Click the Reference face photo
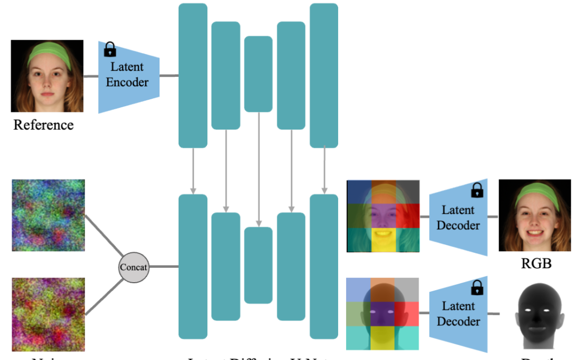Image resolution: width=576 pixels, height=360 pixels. click(x=47, y=76)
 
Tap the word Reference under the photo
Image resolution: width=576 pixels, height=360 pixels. click(x=43, y=125)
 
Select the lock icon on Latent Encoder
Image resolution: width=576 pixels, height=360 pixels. click(x=110, y=50)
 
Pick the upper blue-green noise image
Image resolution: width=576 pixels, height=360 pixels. click(x=49, y=215)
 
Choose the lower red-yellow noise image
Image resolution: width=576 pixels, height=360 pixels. click(x=49, y=314)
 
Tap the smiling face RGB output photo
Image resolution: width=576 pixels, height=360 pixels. click(x=534, y=215)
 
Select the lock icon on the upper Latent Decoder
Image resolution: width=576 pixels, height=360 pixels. click(x=477, y=190)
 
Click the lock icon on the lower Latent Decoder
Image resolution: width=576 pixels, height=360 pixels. click(x=477, y=289)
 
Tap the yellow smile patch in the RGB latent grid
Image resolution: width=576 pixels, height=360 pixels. click(x=383, y=239)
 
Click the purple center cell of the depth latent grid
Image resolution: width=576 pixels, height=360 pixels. click(x=383, y=314)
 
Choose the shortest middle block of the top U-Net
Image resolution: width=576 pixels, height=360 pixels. click(x=258, y=74)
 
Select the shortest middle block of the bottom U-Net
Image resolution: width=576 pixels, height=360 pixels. click(x=258, y=265)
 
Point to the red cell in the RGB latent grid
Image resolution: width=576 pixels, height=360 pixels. click(x=407, y=215)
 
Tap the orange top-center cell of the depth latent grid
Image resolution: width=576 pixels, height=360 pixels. click(x=383, y=289)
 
